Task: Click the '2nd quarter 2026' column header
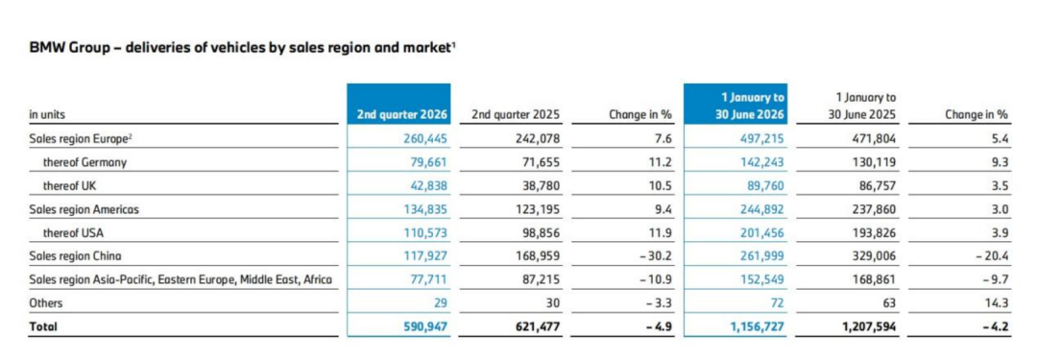click(x=402, y=114)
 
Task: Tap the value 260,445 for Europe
click(x=425, y=138)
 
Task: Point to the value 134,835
click(x=425, y=210)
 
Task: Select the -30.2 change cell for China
click(x=656, y=256)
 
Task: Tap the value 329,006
click(x=875, y=256)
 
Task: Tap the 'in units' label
click(x=47, y=115)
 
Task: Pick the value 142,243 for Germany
click(x=762, y=162)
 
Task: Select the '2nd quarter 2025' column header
click(x=516, y=115)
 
